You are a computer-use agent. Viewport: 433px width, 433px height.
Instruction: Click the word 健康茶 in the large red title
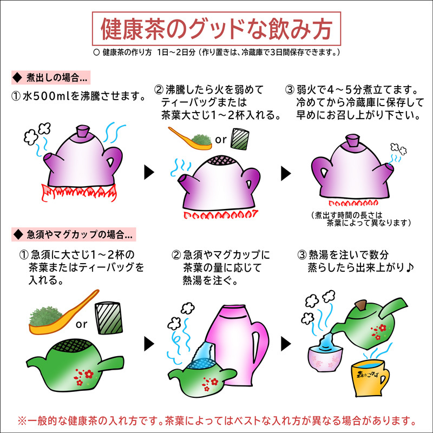pos(133,29)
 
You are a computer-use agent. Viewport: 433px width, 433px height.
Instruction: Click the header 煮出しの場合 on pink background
pos(57,77)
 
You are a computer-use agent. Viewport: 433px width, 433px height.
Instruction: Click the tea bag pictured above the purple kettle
pos(239,139)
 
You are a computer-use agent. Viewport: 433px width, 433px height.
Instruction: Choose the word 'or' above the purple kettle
pos(221,140)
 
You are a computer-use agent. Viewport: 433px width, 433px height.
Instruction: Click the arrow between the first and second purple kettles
pos(149,173)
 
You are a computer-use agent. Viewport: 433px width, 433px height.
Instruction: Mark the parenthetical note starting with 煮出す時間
pos(360,219)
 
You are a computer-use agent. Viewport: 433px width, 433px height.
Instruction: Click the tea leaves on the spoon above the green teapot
pos(44,316)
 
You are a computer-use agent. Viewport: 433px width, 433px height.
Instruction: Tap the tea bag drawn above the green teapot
pos(109,318)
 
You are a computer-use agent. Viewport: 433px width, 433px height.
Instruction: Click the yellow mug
pos(370,378)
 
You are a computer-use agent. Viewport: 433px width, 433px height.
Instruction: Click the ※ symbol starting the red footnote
pos(23,421)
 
